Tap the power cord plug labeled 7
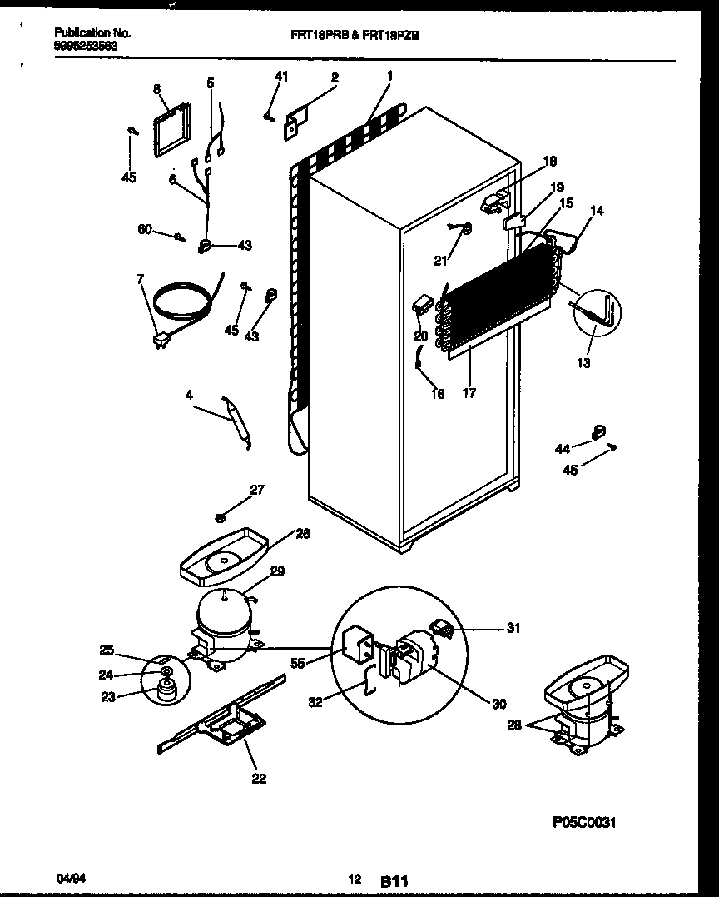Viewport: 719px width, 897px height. tap(160, 339)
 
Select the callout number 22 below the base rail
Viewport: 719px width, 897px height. tap(259, 778)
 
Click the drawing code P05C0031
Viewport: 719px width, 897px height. tap(583, 822)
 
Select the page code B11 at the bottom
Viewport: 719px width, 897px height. tap(397, 880)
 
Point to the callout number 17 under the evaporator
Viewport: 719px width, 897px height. tap(469, 393)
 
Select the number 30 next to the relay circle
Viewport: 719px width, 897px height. tap(498, 704)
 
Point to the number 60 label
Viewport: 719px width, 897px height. tap(145, 229)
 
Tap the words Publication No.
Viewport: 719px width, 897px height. tap(92, 33)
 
